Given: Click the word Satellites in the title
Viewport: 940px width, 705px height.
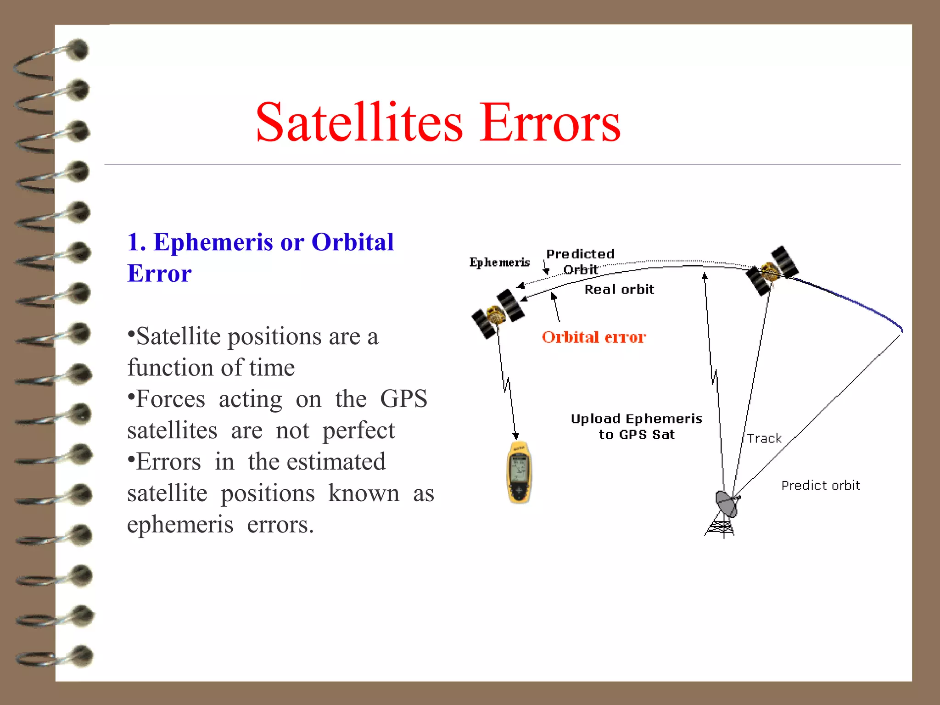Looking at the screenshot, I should coord(359,123).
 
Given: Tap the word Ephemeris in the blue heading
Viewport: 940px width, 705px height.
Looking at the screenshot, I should coord(213,242).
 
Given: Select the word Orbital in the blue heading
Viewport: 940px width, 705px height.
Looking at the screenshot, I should coord(352,242).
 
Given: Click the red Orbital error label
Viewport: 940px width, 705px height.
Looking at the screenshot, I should coord(594,337).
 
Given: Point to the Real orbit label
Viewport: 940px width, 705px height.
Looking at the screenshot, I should coord(619,289).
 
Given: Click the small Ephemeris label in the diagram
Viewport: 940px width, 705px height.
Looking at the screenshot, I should coord(499,263).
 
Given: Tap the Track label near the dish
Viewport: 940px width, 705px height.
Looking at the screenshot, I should coord(764,439).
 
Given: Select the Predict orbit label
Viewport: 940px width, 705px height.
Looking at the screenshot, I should coord(821,486).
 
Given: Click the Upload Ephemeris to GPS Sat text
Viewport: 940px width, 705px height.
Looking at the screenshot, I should coord(637,426).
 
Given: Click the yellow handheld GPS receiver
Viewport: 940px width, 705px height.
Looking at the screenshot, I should coord(519,473).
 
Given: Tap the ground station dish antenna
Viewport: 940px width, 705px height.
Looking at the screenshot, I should coord(726,504).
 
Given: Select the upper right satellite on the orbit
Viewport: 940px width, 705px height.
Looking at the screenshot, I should coord(772,270).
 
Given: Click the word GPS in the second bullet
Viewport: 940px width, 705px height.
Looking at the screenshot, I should coord(403,398).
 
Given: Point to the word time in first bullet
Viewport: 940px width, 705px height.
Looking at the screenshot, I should coord(272,368).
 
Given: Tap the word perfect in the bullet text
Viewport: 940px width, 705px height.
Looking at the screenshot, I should coord(358,431).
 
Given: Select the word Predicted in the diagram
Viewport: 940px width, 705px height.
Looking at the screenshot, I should coord(580,254).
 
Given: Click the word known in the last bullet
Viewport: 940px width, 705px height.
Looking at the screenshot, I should coord(364,493).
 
